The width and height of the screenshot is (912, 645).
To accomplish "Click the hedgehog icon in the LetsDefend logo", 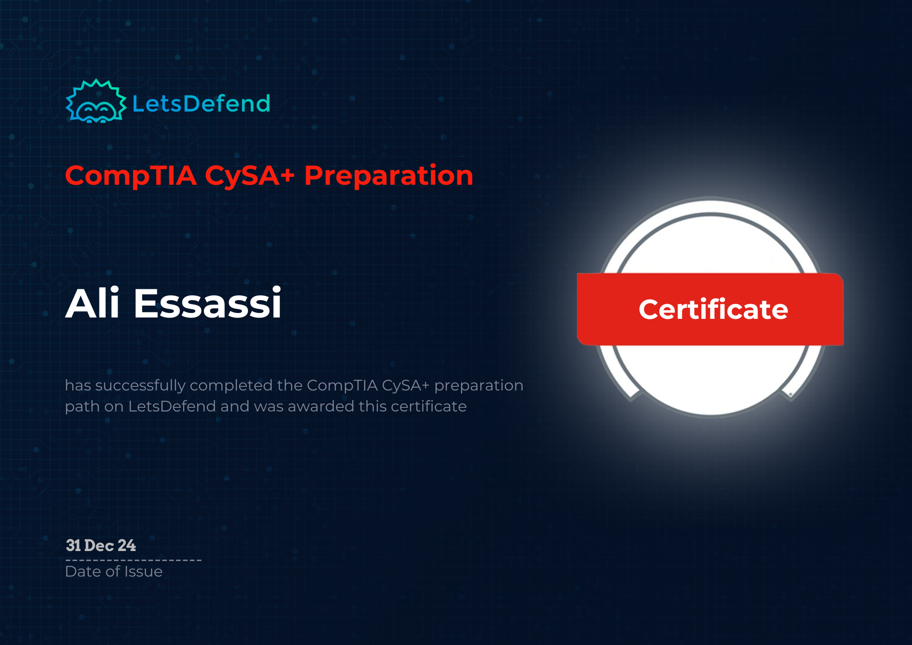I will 96,102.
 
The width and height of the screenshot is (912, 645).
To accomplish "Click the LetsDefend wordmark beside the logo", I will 201,104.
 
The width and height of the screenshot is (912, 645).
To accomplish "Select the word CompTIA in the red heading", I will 131,176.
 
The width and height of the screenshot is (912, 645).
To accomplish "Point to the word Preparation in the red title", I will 389,176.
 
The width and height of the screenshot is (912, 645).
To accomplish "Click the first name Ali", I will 93,303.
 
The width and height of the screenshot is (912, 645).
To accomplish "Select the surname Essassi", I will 207,303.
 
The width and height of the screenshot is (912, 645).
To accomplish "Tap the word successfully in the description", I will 140,386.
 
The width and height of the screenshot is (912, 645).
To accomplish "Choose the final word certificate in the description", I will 429,406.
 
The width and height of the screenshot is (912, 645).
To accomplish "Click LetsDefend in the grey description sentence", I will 172,406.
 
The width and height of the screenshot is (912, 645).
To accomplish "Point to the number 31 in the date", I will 73,546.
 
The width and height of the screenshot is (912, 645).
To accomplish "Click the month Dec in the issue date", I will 99,546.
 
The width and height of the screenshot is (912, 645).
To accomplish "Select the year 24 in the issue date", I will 127,546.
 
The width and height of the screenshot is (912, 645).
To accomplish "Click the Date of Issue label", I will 114,572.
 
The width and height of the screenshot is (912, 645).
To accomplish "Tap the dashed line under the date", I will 133,560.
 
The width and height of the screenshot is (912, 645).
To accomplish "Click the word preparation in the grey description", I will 478,386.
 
